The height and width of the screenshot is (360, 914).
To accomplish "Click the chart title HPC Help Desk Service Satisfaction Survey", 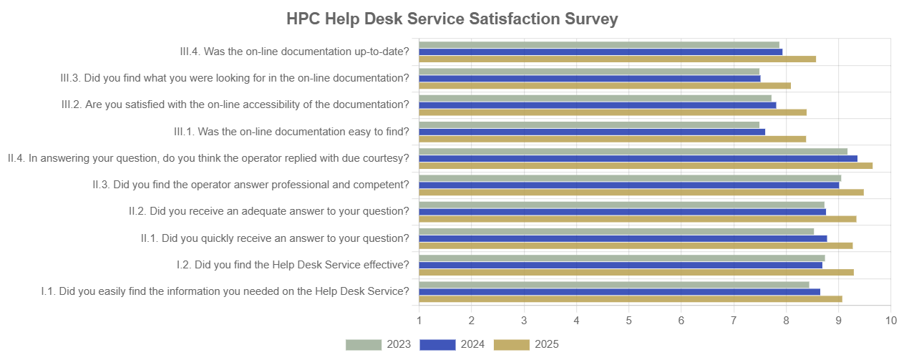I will coord(452,19).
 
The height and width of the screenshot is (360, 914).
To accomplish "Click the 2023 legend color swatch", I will coord(364,345).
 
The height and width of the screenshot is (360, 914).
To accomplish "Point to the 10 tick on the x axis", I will coord(890,320).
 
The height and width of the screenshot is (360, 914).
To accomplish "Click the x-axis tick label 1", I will coord(419,320).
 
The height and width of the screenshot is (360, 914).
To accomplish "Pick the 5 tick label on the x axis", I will coord(628,320).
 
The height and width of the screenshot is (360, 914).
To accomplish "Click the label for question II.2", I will coord(268,211).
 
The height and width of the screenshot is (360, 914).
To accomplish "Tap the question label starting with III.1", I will coord(291,132).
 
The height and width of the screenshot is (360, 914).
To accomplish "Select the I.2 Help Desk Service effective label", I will coord(293,265).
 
